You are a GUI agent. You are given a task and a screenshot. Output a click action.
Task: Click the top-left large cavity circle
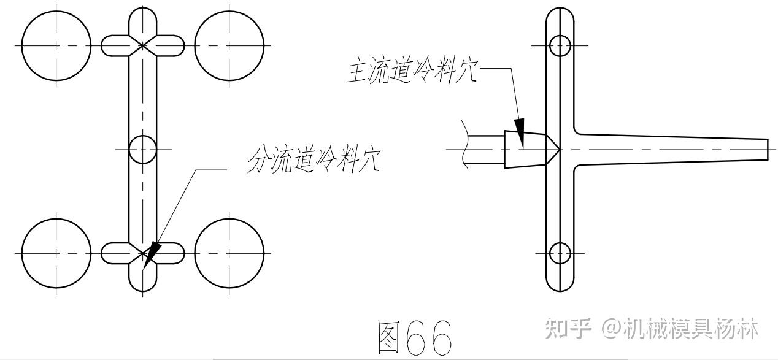(x=56, y=45)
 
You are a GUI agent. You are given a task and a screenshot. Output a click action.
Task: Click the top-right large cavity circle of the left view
(x=229, y=45)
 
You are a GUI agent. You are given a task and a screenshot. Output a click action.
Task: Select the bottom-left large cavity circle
(x=56, y=252)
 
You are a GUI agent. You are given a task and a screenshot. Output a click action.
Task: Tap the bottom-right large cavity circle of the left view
(x=229, y=252)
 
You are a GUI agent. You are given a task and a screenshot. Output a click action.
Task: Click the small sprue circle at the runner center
(x=143, y=149)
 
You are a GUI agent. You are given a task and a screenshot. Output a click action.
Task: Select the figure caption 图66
(x=415, y=337)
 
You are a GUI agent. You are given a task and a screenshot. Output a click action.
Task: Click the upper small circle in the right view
(x=560, y=45)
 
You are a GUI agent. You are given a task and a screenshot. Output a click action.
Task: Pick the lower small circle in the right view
(x=560, y=252)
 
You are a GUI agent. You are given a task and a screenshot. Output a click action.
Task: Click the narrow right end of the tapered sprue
(x=766, y=149)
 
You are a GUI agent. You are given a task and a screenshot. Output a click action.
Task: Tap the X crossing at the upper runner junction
(x=143, y=45)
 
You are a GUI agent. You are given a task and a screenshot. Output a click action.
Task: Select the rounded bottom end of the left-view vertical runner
(x=143, y=286)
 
